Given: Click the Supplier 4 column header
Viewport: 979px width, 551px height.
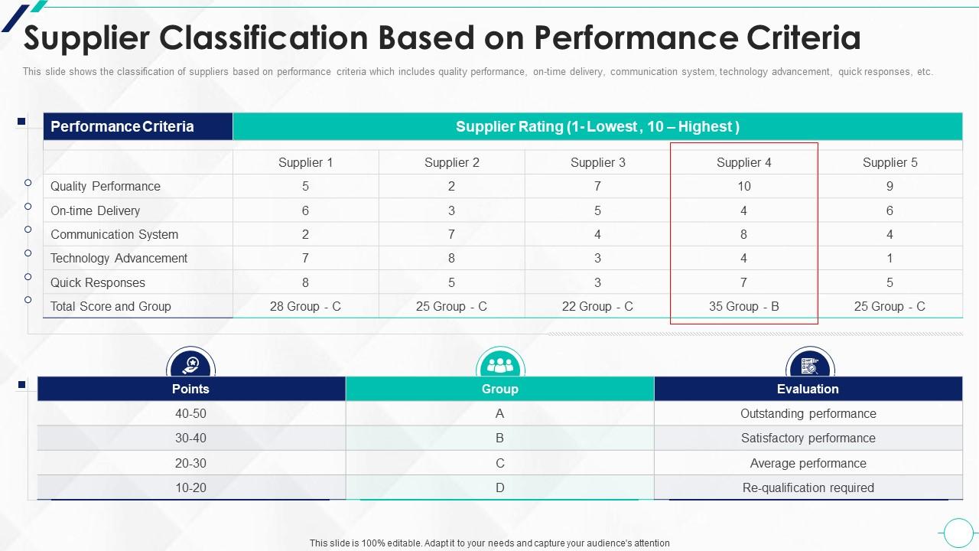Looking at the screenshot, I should click(743, 162).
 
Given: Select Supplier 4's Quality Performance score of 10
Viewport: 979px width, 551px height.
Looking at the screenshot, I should click(743, 186).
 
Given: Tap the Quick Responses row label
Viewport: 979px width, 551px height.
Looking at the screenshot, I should click(98, 282).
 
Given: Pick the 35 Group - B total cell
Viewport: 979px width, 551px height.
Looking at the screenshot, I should click(743, 306).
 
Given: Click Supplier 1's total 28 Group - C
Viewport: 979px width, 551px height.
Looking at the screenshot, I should click(305, 306).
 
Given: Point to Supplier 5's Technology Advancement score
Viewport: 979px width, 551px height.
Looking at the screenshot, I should click(890, 258).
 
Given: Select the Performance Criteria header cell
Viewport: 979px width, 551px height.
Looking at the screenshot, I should click(122, 126).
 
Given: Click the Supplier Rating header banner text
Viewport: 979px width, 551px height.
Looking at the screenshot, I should click(597, 126).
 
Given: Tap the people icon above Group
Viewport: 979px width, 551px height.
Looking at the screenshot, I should click(500, 364).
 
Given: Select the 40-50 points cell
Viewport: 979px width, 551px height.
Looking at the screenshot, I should click(190, 413).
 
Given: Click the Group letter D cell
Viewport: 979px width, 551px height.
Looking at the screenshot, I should click(500, 487).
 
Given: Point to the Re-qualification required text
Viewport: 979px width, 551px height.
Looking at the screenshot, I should click(808, 487).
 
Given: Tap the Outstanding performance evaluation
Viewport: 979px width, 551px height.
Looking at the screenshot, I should click(808, 413).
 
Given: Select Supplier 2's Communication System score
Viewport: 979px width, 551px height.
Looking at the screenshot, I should click(451, 234).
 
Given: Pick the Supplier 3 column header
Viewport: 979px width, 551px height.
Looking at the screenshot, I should click(597, 162).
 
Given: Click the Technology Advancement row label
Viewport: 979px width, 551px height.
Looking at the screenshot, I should click(119, 258).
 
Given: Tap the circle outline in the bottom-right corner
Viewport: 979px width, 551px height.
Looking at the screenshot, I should click(958, 532).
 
